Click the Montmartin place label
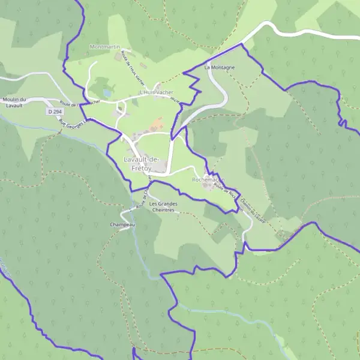pyautogui.click(x=104, y=47)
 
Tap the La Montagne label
pyautogui.click(x=220, y=67)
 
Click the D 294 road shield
pyautogui.click(x=54, y=112)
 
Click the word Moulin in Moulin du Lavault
pyautogui.click(x=12, y=99)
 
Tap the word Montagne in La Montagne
pyautogui.click(x=223, y=67)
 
